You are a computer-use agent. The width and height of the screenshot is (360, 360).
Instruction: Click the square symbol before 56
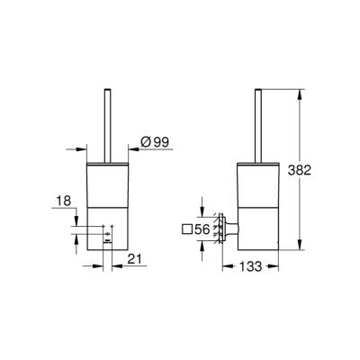(x=185, y=229)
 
